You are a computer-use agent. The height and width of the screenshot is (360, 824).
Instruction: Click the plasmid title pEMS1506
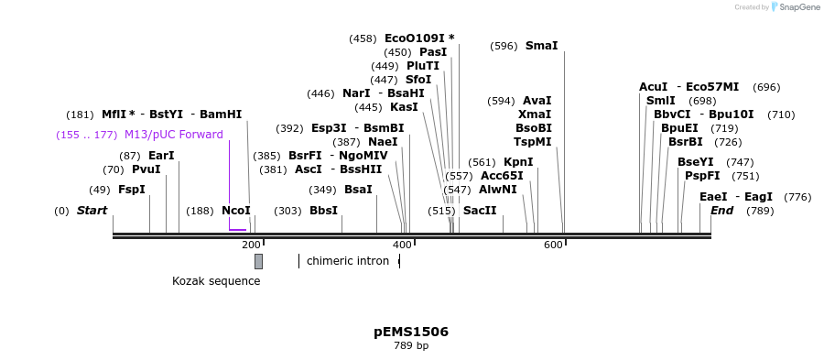click(x=411, y=332)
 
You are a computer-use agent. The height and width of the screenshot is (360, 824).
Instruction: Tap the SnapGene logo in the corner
click(x=795, y=7)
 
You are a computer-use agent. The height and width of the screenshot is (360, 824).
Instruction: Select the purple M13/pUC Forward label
click(x=173, y=135)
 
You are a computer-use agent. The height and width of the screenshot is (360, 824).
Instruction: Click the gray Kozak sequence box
click(x=258, y=261)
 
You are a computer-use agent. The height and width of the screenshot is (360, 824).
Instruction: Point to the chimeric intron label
click(x=347, y=261)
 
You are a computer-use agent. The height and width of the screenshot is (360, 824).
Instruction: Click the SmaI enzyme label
click(x=541, y=46)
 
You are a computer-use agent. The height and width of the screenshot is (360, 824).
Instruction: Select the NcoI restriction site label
click(x=235, y=211)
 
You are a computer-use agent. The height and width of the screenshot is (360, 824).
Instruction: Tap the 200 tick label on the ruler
click(x=251, y=245)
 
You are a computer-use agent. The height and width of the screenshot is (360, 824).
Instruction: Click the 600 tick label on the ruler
click(x=553, y=245)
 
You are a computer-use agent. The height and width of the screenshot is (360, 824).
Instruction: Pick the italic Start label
click(x=92, y=211)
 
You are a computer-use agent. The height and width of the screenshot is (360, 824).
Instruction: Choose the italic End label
click(x=721, y=211)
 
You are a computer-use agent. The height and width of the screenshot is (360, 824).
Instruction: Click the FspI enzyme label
click(x=132, y=190)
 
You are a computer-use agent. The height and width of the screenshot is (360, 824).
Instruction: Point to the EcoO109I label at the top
click(x=418, y=38)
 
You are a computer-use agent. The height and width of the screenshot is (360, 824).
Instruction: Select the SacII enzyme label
click(x=480, y=211)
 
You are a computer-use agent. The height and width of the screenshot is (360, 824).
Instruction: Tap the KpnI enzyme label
click(x=518, y=162)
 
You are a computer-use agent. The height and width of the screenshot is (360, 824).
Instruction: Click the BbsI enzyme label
click(x=323, y=211)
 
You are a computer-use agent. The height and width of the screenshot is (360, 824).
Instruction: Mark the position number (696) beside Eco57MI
click(x=766, y=87)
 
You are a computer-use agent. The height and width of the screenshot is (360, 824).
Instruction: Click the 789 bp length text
click(x=411, y=346)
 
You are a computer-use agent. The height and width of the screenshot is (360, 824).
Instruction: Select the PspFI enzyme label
click(x=702, y=176)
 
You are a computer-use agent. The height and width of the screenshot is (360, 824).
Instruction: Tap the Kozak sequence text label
click(x=216, y=281)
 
